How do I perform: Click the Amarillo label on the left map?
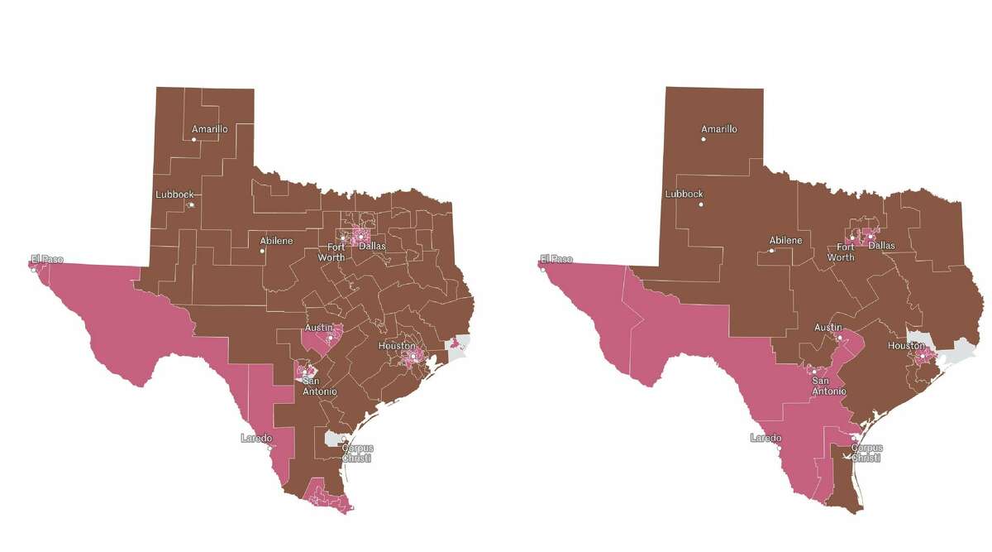coord(209,129)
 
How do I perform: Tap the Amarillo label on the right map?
coord(718,129)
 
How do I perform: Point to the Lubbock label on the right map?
coord(684,194)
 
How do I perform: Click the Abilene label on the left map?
coord(276,241)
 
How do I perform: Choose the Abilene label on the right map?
coord(785,241)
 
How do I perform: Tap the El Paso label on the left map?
coord(47,259)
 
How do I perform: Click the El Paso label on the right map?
coord(556,259)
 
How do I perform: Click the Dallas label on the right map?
coord(881,246)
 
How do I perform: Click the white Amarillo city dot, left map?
coord(194,140)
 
